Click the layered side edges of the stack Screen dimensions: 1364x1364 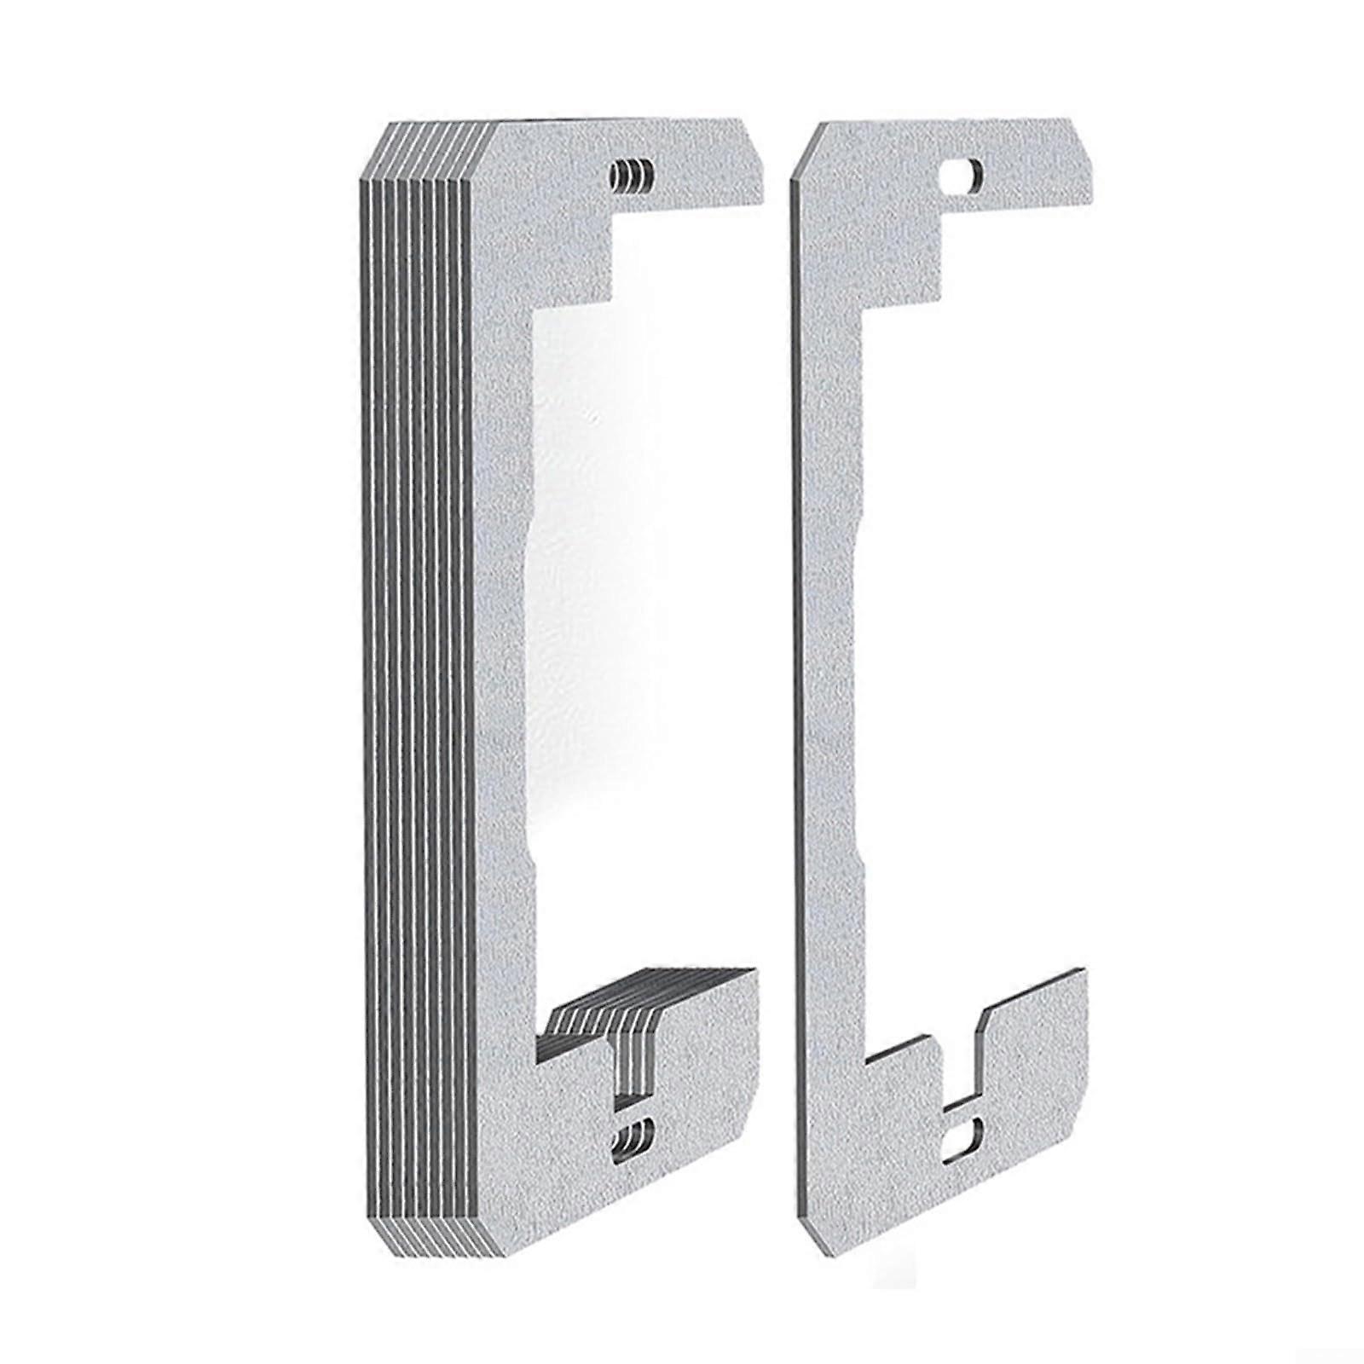coord(418,682)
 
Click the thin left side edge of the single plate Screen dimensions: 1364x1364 coord(795,682)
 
